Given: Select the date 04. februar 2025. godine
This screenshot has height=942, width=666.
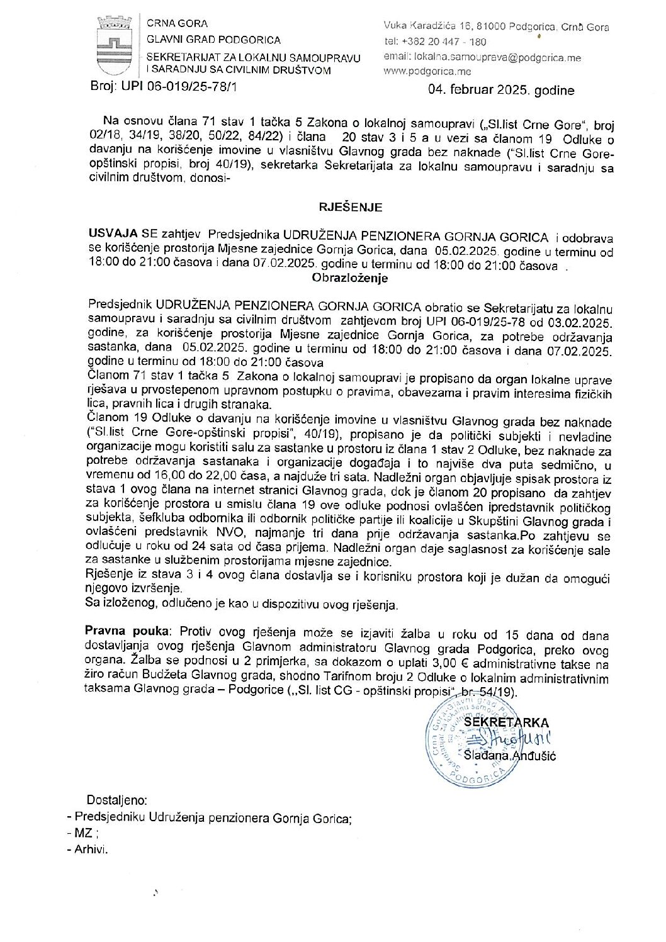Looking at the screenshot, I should tap(501, 91).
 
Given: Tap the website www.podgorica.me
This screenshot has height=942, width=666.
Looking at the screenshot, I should tap(427, 72).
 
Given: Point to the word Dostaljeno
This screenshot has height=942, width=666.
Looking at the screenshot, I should tap(116, 801).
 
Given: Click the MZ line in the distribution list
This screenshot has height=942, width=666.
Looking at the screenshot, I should tap(84, 833).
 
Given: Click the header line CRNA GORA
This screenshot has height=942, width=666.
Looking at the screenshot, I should tap(168, 25).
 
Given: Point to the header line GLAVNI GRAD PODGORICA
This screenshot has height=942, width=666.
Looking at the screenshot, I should tap(213, 40).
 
